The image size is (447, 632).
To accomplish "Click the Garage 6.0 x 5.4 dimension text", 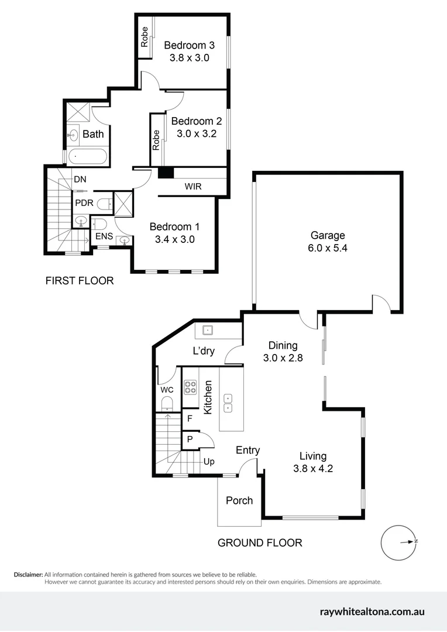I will pos(328,248).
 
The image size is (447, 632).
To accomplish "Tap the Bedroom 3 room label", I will pos(189,45).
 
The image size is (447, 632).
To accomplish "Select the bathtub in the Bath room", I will pos(87,157).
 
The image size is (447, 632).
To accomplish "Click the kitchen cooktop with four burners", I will pos(191,386).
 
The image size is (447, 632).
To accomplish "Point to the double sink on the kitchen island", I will pos(229,403).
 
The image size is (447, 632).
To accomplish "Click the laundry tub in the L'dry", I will pos(207,331).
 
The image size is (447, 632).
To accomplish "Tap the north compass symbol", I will pos(399,542).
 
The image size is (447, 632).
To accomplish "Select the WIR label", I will pos(194,187).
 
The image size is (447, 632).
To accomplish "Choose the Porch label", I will pos(239,500).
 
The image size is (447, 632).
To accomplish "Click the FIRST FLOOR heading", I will pos(80,281).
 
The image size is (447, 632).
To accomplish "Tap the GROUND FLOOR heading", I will pos(260,543).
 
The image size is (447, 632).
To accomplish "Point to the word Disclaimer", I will pos(28,575).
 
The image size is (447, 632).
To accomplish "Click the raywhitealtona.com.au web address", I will pos(372,612).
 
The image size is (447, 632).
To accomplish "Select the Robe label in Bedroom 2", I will pos(156,140).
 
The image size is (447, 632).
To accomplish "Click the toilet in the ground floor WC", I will pos(167,403).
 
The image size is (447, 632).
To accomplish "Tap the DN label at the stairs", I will pos(80,180).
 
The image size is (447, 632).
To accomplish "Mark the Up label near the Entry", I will pos(209,461).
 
